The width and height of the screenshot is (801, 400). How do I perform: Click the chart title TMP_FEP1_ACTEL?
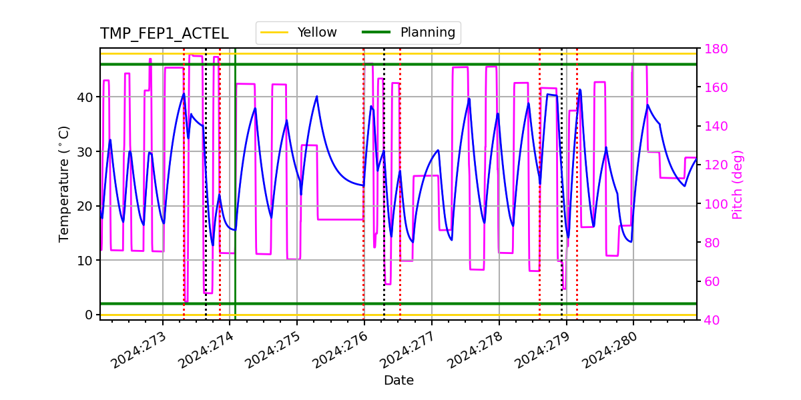pyautogui.click(x=164, y=34)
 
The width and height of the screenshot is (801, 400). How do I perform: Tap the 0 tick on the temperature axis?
pyautogui.click(x=88, y=315)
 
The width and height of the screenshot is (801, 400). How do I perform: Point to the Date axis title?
pyautogui.click(x=398, y=381)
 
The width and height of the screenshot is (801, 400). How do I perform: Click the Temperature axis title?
pyautogui.click(x=65, y=183)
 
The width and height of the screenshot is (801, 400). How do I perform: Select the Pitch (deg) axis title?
pyautogui.click(x=738, y=184)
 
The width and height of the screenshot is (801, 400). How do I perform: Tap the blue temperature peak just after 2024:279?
pyautogui.click(x=579, y=89)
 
